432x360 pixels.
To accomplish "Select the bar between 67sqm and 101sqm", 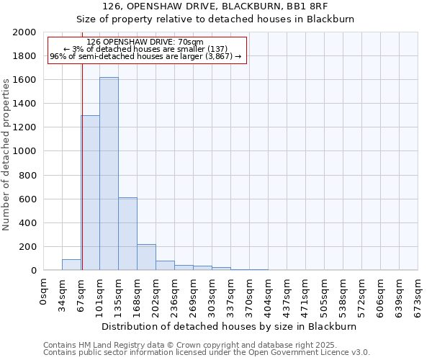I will click(90, 193).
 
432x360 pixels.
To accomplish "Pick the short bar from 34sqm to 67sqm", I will click(71, 265).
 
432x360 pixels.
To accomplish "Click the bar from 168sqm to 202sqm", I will click(146, 257).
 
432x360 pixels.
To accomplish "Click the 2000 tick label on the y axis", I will click(24, 32).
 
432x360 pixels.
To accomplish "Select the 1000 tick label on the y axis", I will click(24, 151).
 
